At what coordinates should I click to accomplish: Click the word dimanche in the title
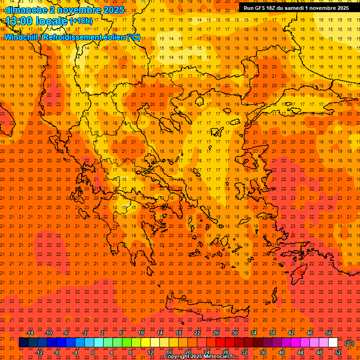coord(25,10)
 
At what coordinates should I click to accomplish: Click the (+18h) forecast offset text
coord(81,21)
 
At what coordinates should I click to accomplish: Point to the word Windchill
coord(22,37)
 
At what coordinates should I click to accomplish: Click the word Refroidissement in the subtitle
coord(72,37)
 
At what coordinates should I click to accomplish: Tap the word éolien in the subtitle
coord(114,37)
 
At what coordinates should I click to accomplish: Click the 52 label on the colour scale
coord(338,352)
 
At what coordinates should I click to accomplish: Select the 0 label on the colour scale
coord(93,352)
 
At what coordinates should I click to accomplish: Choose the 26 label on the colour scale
coord(216,333)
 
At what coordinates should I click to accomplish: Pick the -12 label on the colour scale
coord(39,352)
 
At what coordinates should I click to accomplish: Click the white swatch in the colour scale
coord(333,343)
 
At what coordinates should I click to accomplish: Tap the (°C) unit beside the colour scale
coord(349,343)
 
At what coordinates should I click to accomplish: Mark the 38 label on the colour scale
coord(272,333)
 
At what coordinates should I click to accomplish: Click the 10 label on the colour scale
coord(141,333)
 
